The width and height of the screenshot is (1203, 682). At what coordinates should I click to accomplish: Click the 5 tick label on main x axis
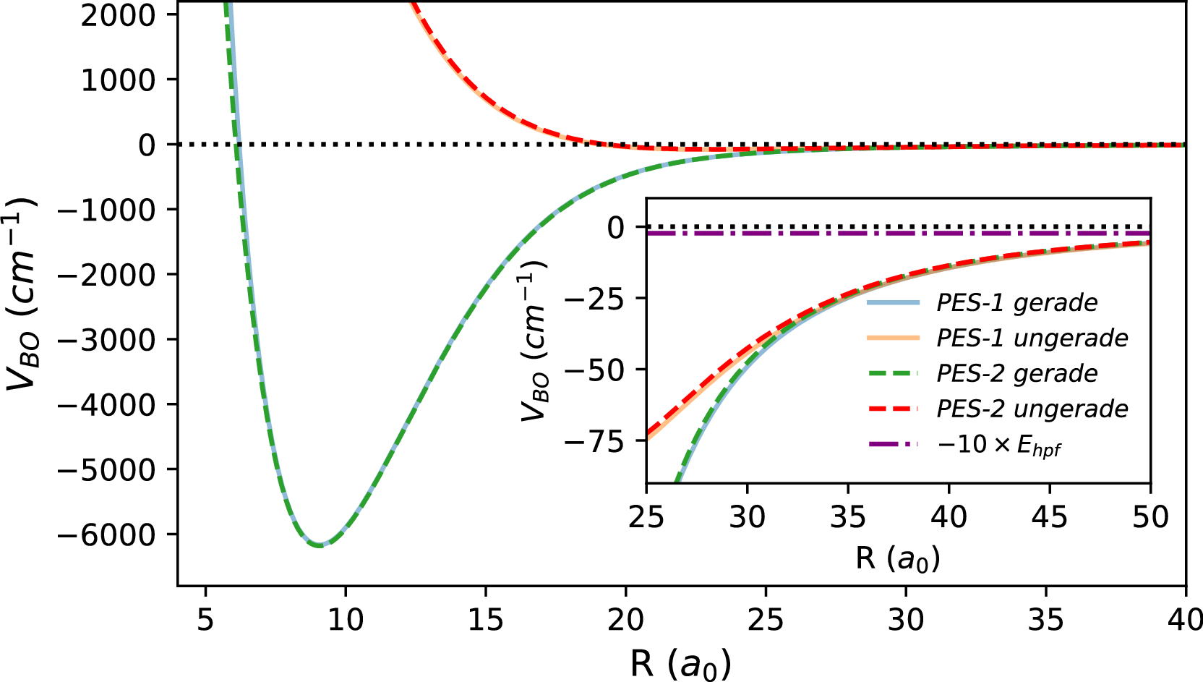[x=205, y=620]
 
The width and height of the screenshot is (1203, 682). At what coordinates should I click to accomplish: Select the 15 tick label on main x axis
[x=485, y=620]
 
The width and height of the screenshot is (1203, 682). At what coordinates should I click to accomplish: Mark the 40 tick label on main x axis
[x=1184, y=620]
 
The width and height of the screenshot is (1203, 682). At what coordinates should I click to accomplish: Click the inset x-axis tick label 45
[x=1049, y=517]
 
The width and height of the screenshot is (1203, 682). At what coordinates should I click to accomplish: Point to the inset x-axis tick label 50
[x=1150, y=517]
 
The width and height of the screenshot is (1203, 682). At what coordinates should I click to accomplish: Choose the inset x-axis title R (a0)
[x=897, y=558]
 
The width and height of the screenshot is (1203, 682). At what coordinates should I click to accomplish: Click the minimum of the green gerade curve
[x=320, y=545]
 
